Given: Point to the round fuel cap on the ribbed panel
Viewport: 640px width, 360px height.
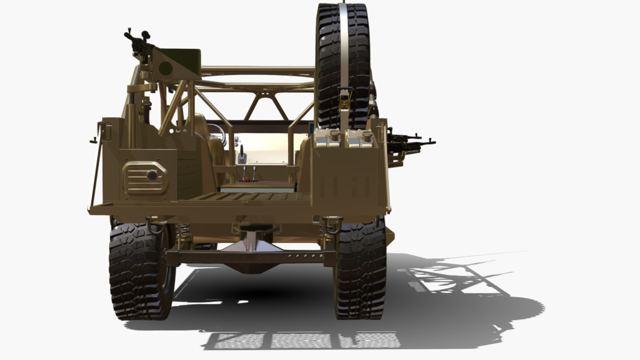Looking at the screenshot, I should pyautogui.click(x=152, y=175).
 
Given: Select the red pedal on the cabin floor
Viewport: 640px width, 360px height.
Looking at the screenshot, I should pyautogui.click(x=247, y=180).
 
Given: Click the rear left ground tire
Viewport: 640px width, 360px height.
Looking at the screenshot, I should pyautogui.click(x=138, y=272).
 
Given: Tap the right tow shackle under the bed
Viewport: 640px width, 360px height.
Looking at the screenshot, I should pyautogui.click(x=331, y=225).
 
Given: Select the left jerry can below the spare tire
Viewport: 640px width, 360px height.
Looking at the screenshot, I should pyautogui.click(x=328, y=138).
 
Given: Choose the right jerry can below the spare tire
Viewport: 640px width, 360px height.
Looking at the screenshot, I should pyautogui.click(x=359, y=138).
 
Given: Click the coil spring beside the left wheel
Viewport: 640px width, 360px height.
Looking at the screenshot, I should pyautogui.click(x=184, y=234).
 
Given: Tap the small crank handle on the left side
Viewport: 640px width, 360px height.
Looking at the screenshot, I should pyautogui.click(x=94, y=140).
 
